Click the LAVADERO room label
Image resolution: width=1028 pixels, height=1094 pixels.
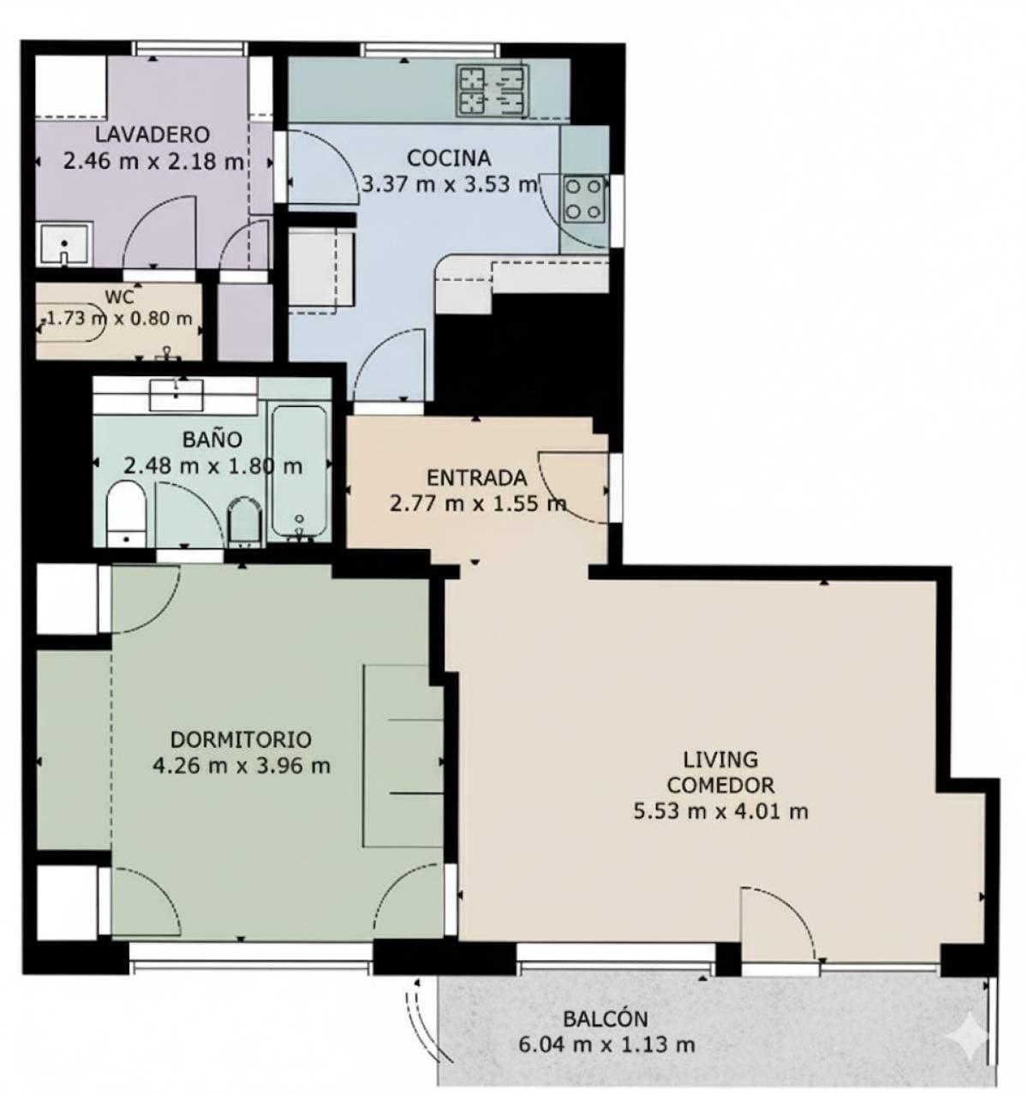tap(152, 135)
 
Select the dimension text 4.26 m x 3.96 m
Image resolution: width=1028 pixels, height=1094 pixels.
tap(241, 765)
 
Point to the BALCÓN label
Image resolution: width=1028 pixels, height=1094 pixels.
tap(605, 1019)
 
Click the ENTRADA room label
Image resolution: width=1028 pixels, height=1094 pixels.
tap(476, 478)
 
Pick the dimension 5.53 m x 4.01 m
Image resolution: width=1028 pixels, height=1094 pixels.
tap(720, 810)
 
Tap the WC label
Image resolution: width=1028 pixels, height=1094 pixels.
tap(118, 297)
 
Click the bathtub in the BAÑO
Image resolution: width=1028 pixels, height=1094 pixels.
tap(297, 473)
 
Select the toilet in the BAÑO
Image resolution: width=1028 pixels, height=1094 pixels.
tap(127, 512)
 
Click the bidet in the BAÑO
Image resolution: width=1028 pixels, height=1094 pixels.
tap(244, 520)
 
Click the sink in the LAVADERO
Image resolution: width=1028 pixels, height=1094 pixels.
tap(64, 244)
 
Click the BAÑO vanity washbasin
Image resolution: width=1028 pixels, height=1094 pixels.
tap(176, 394)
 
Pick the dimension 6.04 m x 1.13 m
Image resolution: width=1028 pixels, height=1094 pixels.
tap(607, 1044)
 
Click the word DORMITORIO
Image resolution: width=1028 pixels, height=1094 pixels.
tap(241, 739)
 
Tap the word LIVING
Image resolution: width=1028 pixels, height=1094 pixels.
tap(720, 759)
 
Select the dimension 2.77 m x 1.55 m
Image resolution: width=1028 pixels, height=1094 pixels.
tap(477, 503)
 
